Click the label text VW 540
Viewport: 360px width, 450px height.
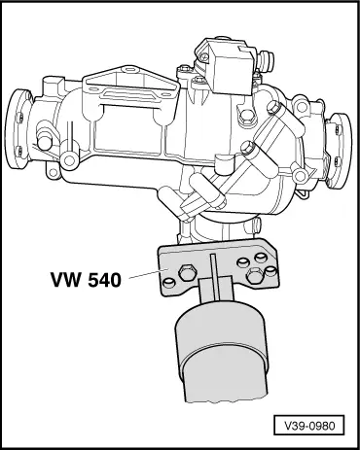coord(85,281)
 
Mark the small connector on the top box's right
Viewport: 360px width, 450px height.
coord(259,60)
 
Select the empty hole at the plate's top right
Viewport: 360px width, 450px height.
coord(260,255)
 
